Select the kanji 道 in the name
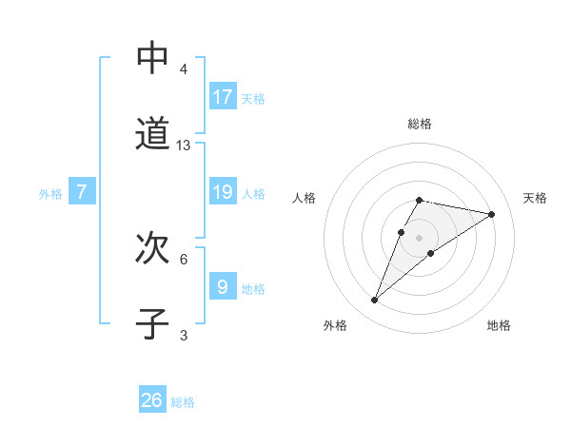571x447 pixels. tap(152, 134)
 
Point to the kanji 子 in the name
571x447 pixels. tap(152, 323)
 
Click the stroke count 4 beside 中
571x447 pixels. tap(184, 69)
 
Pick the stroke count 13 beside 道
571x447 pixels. tap(184, 146)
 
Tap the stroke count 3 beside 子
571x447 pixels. tap(184, 335)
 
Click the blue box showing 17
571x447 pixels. tap(223, 97)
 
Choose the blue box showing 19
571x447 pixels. tap(223, 192)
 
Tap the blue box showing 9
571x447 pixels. tap(223, 286)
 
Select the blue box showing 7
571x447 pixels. tap(82, 192)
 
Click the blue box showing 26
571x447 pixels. tap(152, 400)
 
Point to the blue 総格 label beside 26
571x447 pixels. tap(183, 402)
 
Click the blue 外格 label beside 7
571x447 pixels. tap(50, 194)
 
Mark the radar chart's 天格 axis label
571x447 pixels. tap(535, 198)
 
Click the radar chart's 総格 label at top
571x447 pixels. tap(420, 124)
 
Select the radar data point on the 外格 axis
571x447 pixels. tap(375, 301)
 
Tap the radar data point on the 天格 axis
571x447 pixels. tap(492, 214)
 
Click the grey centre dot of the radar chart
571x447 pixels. tap(420, 237)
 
